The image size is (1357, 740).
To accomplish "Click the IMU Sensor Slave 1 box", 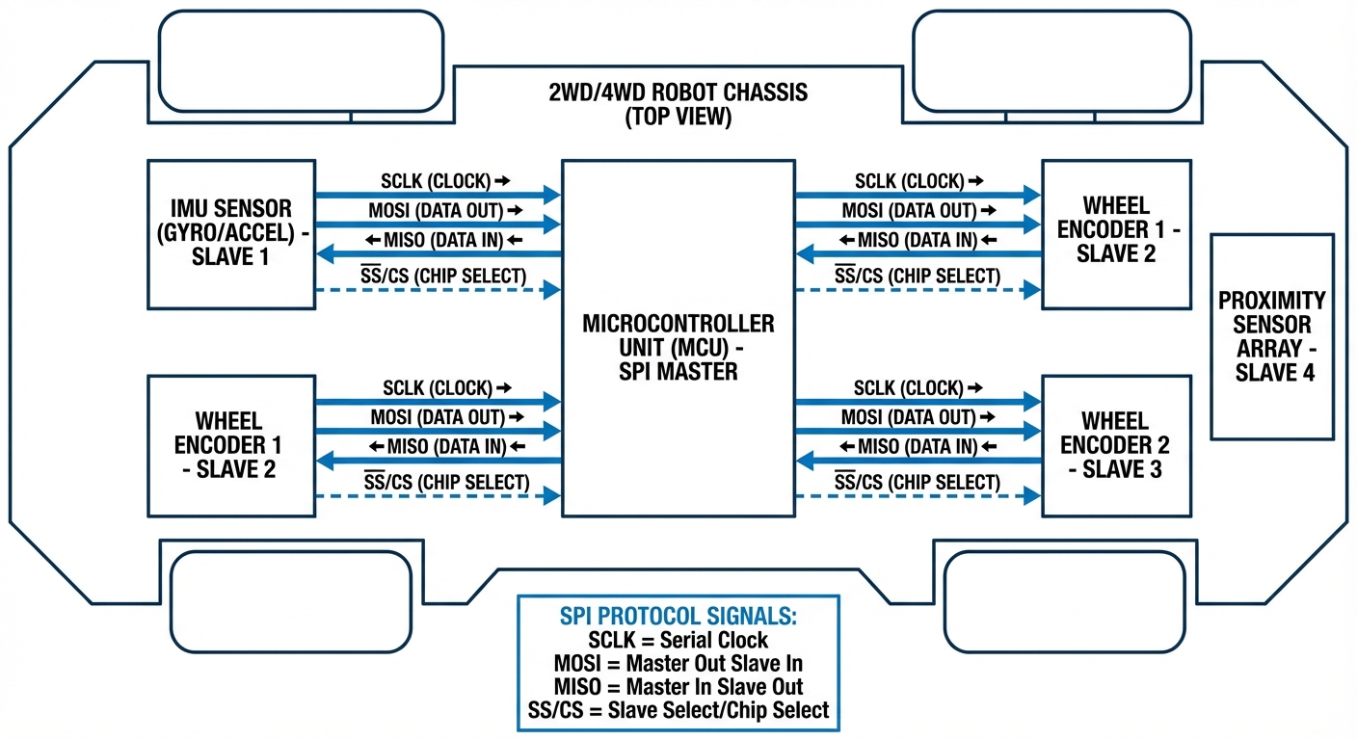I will [x=231, y=234].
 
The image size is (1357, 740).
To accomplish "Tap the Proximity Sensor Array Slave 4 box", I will [x=1272, y=335].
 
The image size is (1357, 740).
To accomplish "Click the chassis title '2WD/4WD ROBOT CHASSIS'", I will [x=678, y=94].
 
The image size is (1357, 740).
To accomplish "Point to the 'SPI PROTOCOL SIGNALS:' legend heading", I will [x=678, y=618].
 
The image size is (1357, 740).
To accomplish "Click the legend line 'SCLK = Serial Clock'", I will [x=678, y=641].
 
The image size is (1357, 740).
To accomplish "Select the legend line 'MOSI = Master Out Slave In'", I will [x=678, y=663].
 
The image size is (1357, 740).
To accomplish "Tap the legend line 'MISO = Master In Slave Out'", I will [x=678, y=686].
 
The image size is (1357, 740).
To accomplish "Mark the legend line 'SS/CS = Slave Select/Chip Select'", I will [x=678, y=710].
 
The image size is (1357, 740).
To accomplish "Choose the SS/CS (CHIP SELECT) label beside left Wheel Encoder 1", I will [x=446, y=481].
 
